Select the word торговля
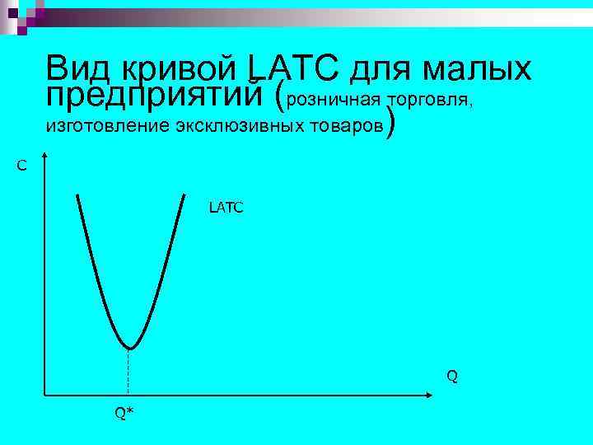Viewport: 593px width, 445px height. [432, 100]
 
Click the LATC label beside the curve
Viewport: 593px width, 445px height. [226, 208]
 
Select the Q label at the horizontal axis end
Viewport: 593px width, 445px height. [452, 377]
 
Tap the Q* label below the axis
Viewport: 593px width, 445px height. [124, 413]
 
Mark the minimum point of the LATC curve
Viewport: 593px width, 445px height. [129, 348]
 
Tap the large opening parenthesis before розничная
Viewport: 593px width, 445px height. [279, 98]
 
